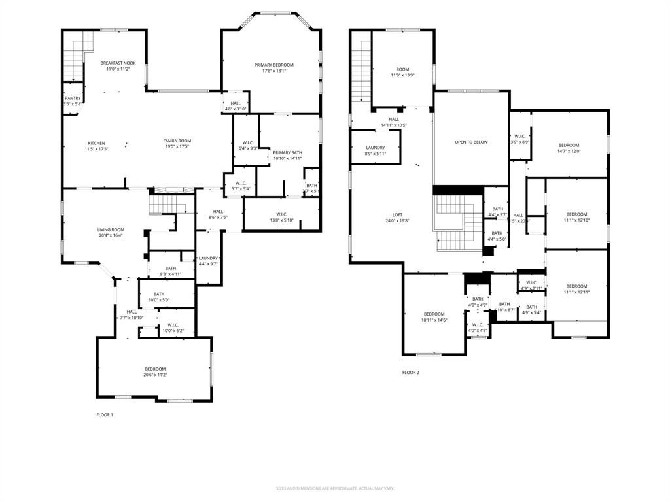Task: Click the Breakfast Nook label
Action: tap(118, 63)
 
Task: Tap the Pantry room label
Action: tap(73, 99)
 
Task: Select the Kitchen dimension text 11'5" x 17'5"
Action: tap(96, 149)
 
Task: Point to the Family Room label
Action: tap(177, 141)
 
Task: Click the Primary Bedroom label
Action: tap(273, 65)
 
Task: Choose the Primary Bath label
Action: tap(287, 152)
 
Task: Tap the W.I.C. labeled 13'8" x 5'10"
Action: tap(281, 214)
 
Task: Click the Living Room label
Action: tap(111, 229)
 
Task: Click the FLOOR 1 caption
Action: tap(105, 414)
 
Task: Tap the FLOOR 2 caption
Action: tap(410, 373)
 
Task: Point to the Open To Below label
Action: tap(471, 142)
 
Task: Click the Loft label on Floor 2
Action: tap(397, 214)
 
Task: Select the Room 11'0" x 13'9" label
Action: tap(402, 69)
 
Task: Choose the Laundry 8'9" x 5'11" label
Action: tap(375, 148)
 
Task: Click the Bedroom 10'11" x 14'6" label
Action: tap(434, 314)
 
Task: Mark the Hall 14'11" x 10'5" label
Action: tap(394, 119)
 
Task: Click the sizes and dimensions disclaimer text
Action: tap(334, 488)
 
